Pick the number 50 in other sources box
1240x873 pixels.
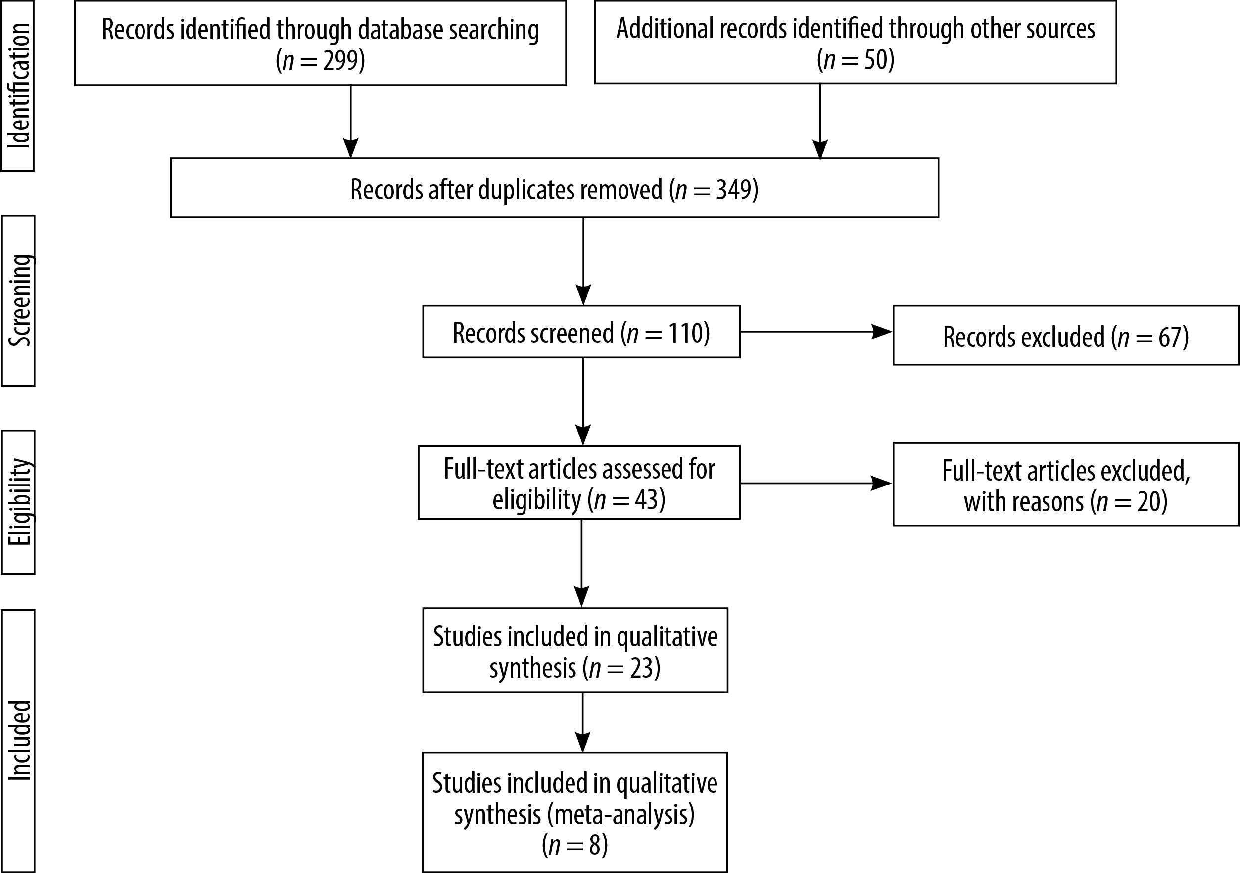pyautogui.click(x=875, y=60)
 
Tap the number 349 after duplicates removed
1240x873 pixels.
pyautogui.click(x=733, y=189)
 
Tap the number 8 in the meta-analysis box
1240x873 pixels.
pyautogui.click(x=595, y=845)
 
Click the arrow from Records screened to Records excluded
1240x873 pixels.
pyautogui.click(x=816, y=332)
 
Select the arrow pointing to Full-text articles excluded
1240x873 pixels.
pyautogui.click(x=816, y=484)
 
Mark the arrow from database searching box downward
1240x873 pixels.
pyautogui.click(x=350, y=122)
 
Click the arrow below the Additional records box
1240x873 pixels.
pyautogui.click(x=820, y=122)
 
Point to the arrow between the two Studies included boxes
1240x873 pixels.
pyautogui.click(x=583, y=722)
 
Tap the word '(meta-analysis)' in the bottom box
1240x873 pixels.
pyautogui.click(x=620, y=815)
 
